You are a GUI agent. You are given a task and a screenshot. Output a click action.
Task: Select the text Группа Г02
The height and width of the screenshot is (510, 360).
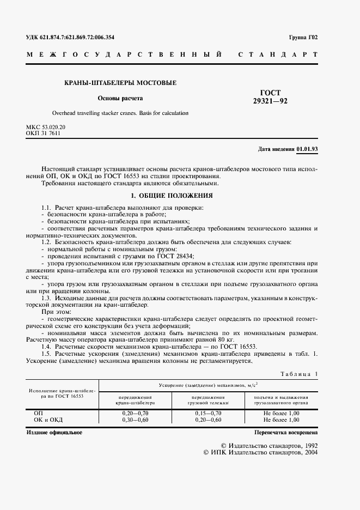pyautogui.click(x=302, y=38)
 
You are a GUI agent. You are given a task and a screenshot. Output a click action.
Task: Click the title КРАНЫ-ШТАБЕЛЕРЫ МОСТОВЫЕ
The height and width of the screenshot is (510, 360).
pyautogui.click(x=120, y=83)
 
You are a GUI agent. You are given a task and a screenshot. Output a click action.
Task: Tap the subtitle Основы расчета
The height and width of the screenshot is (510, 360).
pyautogui.click(x=120, y=99)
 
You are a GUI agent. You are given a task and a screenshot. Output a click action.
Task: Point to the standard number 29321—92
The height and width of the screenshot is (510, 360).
pyautogui.click(x=270, y=101)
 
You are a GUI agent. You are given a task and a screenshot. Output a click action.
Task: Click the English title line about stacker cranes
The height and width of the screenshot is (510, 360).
pyautogui.click(x=120, y=114)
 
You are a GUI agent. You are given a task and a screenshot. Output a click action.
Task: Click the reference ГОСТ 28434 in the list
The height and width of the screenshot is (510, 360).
pyautogui.click(x=175, y=256)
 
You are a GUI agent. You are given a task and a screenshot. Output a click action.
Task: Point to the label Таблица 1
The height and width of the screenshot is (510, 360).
pyautogui.click(x=298, y=373)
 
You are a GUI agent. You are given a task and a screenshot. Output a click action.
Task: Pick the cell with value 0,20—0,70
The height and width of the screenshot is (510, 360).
pyautogui.click(x=136, y=414)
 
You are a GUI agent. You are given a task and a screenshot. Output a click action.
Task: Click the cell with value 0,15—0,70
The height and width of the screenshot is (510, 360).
pyautogui.click(x=208, y=414)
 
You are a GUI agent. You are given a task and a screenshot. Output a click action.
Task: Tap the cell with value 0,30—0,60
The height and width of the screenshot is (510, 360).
pyautogui.click(x=136, y=420)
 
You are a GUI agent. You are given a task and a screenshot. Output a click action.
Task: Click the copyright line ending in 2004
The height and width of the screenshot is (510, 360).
pyautogui.click(x=260, y=452)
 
